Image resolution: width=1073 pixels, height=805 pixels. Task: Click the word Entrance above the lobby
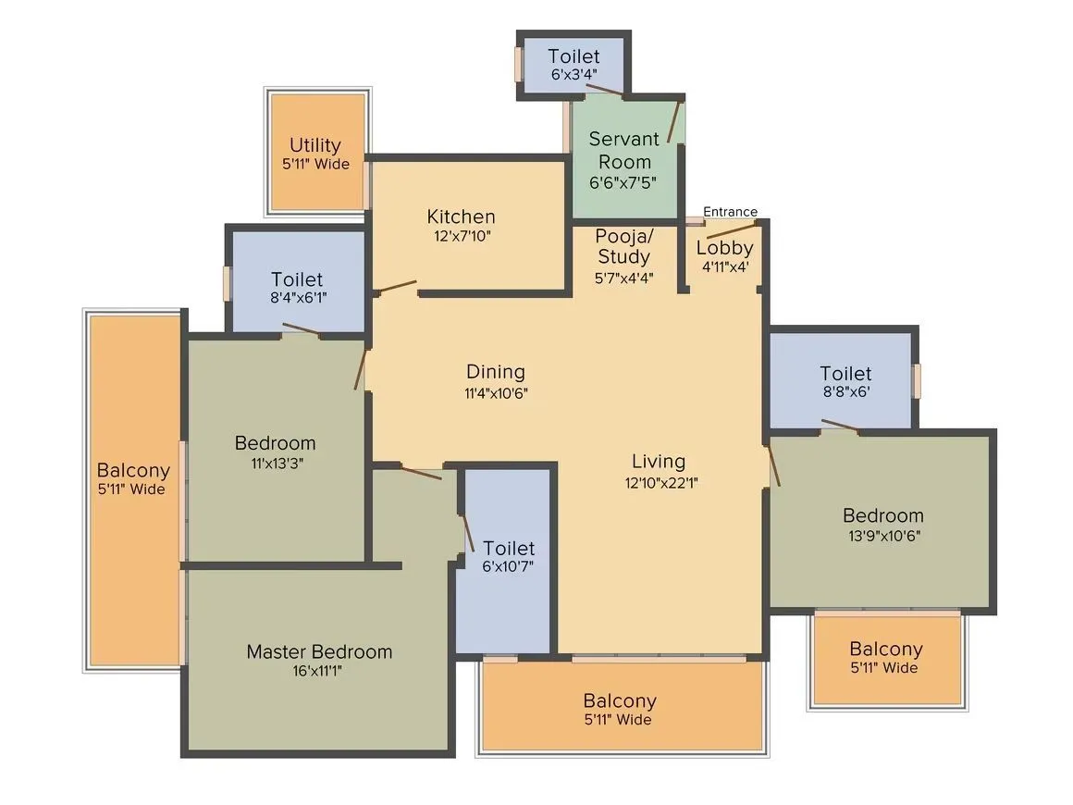[730, 212]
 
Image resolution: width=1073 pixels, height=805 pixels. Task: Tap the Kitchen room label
[461, 217]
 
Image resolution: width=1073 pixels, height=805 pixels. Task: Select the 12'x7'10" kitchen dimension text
[461, 236]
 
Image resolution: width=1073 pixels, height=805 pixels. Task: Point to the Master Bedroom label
[319, 651]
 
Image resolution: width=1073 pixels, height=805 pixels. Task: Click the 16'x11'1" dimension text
[319, 671]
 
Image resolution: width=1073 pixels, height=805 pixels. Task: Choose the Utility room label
[315, 145]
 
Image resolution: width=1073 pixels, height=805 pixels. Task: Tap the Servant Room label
[624, 150]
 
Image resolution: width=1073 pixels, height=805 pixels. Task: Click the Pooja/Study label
[623, 245]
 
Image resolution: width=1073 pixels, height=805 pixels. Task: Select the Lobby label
[724, 248]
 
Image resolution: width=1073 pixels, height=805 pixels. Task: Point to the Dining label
[496, 372]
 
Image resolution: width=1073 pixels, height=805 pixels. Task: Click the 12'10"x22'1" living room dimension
[660, 481]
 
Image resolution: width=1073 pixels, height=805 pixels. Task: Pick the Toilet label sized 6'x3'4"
[573, 56]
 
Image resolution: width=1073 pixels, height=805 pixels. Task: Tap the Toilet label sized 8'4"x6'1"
[298, 279]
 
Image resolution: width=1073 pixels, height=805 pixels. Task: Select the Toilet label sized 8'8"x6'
[845, 374]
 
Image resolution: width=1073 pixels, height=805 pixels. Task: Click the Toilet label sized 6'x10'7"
[509, 548]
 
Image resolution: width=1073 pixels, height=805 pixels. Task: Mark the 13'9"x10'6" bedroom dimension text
[882, 535]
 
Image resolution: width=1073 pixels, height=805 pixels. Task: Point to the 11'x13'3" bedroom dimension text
[275, 463]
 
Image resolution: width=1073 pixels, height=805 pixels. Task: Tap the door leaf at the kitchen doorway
[397, 287]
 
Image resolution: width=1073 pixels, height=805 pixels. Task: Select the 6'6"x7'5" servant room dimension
[624, 182]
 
